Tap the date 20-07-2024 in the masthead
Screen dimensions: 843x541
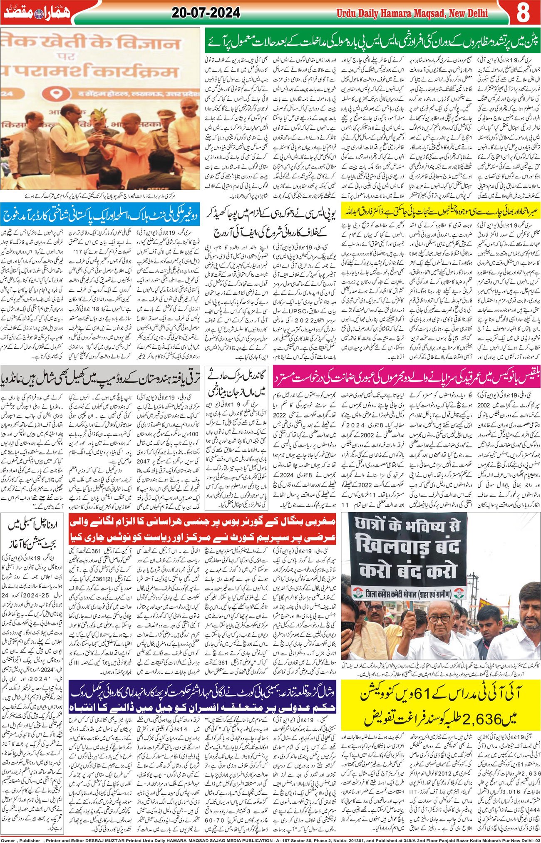(206, 13)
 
